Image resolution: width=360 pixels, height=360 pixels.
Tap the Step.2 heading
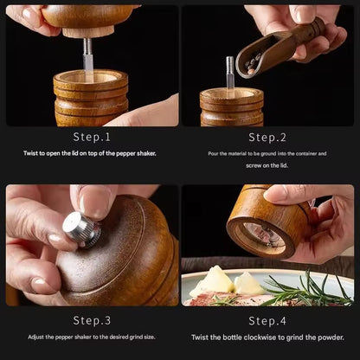click(x=267, y=137)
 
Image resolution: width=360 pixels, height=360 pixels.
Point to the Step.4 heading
click(x=267, y=319)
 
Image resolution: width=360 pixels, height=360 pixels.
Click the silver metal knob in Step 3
click(x=80, y=228)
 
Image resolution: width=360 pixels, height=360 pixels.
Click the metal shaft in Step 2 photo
click(x=230, y=73)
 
